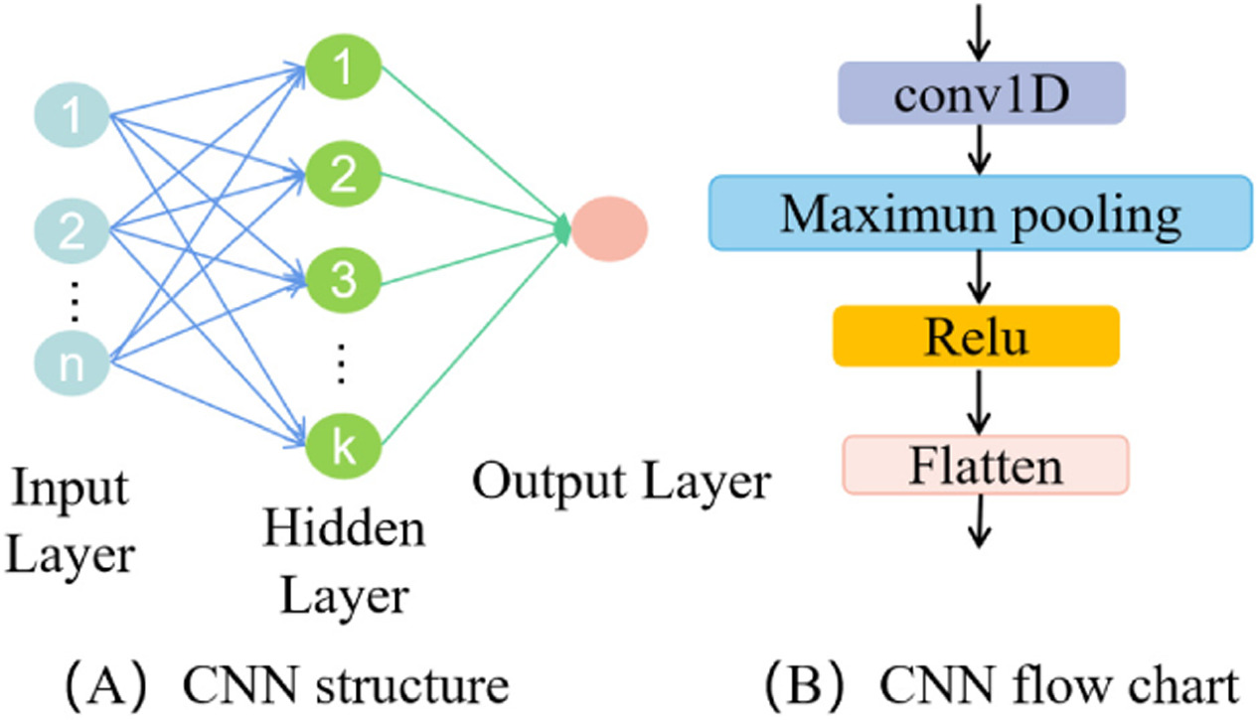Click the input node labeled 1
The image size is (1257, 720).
point(72,116)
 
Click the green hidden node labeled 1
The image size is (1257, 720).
point(343,68)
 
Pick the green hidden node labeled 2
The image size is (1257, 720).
point(343,175)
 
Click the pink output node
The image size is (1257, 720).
point(609,227)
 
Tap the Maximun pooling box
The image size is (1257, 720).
point(980,213)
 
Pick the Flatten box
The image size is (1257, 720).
point(985,465)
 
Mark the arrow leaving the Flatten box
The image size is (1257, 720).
point(982,520)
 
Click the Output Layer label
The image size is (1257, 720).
point(621,483)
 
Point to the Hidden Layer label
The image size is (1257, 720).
point(343,563)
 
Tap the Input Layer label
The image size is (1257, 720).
point(70,521)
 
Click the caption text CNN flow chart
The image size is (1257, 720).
point(1057,686)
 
